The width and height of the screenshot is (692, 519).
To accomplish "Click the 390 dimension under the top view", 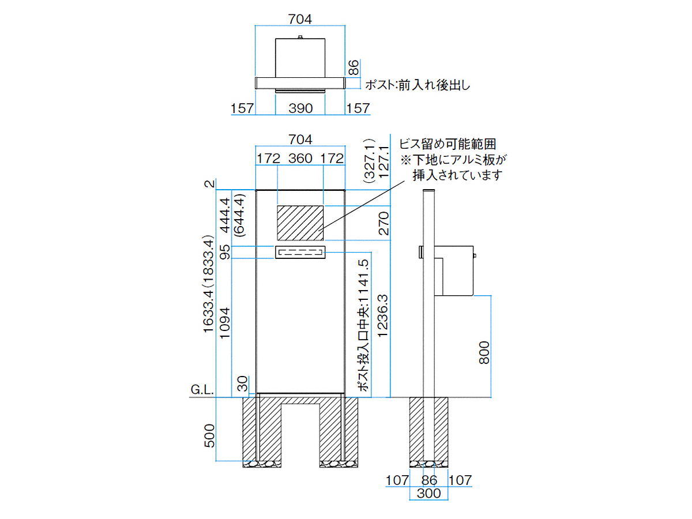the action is [x=300, y=108].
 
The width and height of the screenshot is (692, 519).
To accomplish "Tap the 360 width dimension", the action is [x=300, y=158].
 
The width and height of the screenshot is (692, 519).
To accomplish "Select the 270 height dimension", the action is [x=383, y=223].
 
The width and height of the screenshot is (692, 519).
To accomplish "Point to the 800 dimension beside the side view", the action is [x=484, y=352].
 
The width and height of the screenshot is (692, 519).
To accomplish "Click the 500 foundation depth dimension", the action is [x=209, y=435].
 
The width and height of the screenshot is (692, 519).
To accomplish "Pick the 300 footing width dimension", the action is [x=428, y=493].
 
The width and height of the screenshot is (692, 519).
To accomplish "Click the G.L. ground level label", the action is [x=202, y=390].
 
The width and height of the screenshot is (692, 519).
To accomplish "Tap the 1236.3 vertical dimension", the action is [x=383, y=315].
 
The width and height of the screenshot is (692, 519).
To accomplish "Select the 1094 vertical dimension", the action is [x=225, y=323].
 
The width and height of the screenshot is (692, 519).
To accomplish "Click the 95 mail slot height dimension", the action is [x=225, y=252].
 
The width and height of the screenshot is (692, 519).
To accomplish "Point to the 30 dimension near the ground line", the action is [x=243, y=384].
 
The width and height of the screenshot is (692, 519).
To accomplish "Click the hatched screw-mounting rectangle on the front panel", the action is [x=300, y=223].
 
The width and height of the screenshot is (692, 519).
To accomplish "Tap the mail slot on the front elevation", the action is [x=300, y=252].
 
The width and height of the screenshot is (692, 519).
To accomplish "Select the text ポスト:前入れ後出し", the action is [x=418, y=85].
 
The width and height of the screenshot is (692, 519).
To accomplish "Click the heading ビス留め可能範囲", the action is [x=447, y=144].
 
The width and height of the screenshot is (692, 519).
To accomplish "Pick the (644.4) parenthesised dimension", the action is [x=239, y=215].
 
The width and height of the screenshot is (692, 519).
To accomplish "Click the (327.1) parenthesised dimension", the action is [x=369, y=161].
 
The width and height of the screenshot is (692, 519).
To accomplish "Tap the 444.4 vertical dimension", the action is [x=225, y=215].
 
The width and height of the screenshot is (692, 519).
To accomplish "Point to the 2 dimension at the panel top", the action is [x=210, y=183].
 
